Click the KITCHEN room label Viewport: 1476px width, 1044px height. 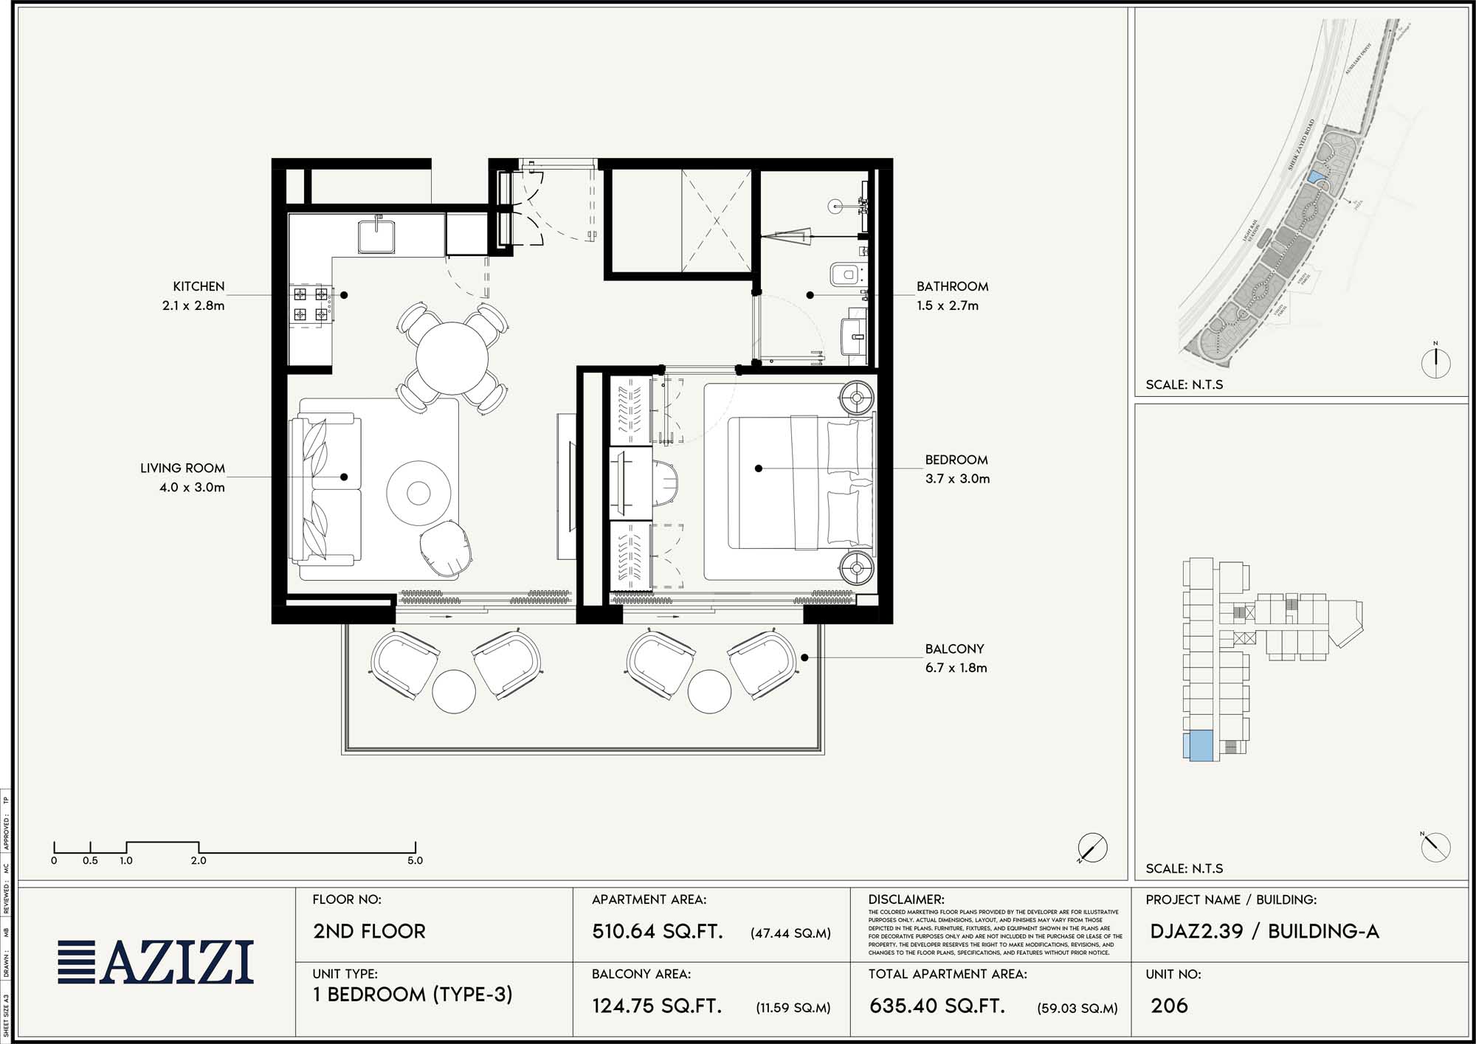pos(199,286)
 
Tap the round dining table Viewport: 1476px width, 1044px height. pos(452,359)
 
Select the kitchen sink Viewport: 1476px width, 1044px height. pos(377,235)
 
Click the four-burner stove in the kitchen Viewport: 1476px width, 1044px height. pos(311,304)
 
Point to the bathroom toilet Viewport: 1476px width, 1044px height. pos(846,275)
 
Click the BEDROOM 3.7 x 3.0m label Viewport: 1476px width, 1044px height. pos(957,469)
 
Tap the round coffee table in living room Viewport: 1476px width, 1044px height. pos(418,493)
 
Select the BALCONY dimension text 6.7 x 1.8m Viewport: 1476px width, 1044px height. pos(956,668)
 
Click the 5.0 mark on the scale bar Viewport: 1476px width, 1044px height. pos(415,860)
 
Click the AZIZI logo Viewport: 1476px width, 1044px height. pos(156,962)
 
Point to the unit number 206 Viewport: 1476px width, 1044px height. pos(1169,1006)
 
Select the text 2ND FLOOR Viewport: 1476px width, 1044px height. pos(369,931)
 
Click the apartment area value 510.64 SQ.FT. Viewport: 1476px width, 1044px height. pos(657,931)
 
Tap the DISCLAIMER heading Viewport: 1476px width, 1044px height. pos(906,899)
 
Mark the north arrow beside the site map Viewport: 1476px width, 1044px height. pos(1435,362)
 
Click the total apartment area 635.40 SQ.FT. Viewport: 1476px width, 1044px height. pos(937,1006)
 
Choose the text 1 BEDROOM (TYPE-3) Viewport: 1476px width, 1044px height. pos(412,995)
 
